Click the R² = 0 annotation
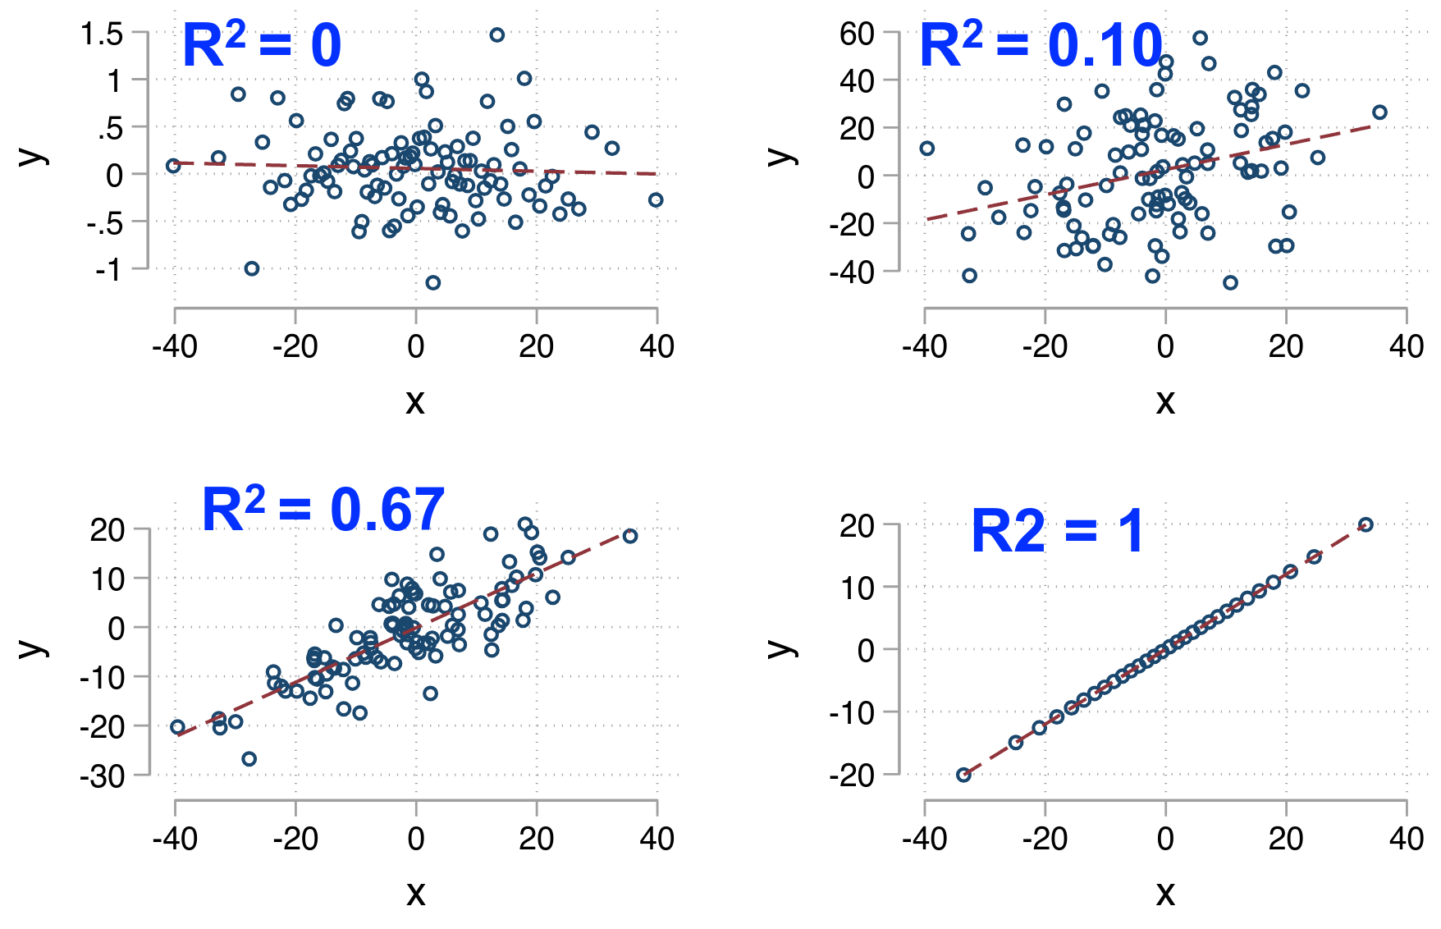pyautogui.click(x=261, y=46)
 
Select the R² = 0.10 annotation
pyautogui.click(x=1041, y=46)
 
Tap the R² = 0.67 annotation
pyautogui.click(x=323, y=510)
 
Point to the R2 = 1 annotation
pyautogui.click(x=1057, y=532)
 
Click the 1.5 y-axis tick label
pyautogui.click(x=102, y=34)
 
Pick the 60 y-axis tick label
pyautogui.click(x=857, y=34)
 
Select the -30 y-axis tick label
pyautogui.click(x=103, y=776)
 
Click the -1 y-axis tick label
pyautogui.click(x=108, y=270)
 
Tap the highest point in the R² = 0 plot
pyautogui.click(x=496, y=35)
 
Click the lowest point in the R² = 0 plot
pyautogui.click(x=433, y=282)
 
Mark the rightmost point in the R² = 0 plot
pyautogui.click(x=655, y=200)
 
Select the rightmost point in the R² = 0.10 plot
pyautogui.click(x=1379, y=112)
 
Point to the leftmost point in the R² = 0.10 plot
pyautogui.click(x=927, y=149)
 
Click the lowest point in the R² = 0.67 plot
pyautogui.click(x=249, y=759)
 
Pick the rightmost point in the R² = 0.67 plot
pyautogui.click(x=630, y=536)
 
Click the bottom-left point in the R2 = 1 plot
pyautogui.click(x=964, y=775)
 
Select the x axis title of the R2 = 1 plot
pyautogui.click(x=1165, y=892)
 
